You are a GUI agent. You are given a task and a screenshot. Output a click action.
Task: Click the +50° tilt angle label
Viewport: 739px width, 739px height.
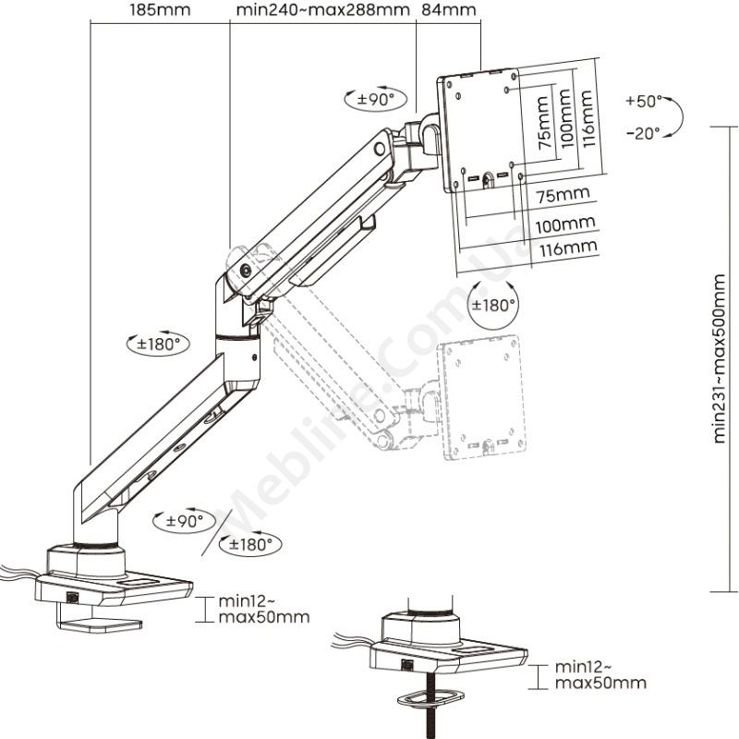pyautogui.click(x=643, y=100)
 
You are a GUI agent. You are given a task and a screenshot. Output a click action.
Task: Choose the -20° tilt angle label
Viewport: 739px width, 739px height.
pyautogui.click(x=643, y=132)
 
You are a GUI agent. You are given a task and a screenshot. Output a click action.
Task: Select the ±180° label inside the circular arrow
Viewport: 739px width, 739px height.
pyautogui.click(x=493, y=305)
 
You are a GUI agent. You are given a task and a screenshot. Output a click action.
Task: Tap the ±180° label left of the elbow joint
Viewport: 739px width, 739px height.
pyautogui.click(x=157, y=343)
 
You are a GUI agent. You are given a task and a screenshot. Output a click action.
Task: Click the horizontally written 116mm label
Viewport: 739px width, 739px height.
pyautogui.click(x=566, y=248)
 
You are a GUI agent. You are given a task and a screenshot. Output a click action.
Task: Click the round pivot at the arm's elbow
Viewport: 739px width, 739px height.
pyautogui.click(x=247, y=272)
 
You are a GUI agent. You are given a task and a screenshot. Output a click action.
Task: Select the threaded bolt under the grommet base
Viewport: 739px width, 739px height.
pyautogui.click(x=429, y=711)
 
